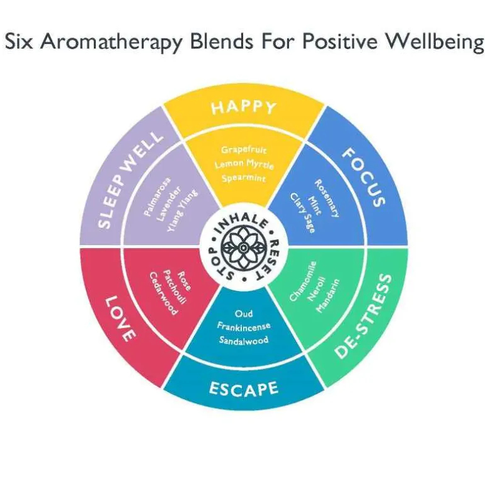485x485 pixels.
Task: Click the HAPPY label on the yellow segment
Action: click(x=243, y=107)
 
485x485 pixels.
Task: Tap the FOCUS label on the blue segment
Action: click(x=364, y=177)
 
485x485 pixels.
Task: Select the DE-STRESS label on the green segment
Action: click(x=363, y=316)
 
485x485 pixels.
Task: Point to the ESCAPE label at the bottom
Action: click(x=243, y=389)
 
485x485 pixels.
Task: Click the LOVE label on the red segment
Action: click(x=120, y=319)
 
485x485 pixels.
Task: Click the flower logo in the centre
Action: click(x=244, y=248)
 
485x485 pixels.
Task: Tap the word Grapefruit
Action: click(x=243, y=150)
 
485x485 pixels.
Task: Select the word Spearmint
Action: click(x=244, y=178)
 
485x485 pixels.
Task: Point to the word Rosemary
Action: click(x=327, y=198)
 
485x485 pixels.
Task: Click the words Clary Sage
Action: click(x=303, y=213)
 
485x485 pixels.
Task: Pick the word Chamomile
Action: click(x=303, y=281)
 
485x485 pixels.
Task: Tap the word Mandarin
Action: click(x=328, y=296)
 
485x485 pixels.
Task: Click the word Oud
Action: click(x=244, y=314)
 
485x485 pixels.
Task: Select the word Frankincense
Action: click(x=244, y=326)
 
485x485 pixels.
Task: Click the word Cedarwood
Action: click(x=164, y=294)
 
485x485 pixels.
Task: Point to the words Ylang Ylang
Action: click(x=182, y=211)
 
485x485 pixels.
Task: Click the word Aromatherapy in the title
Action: click(x=111, y=42)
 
